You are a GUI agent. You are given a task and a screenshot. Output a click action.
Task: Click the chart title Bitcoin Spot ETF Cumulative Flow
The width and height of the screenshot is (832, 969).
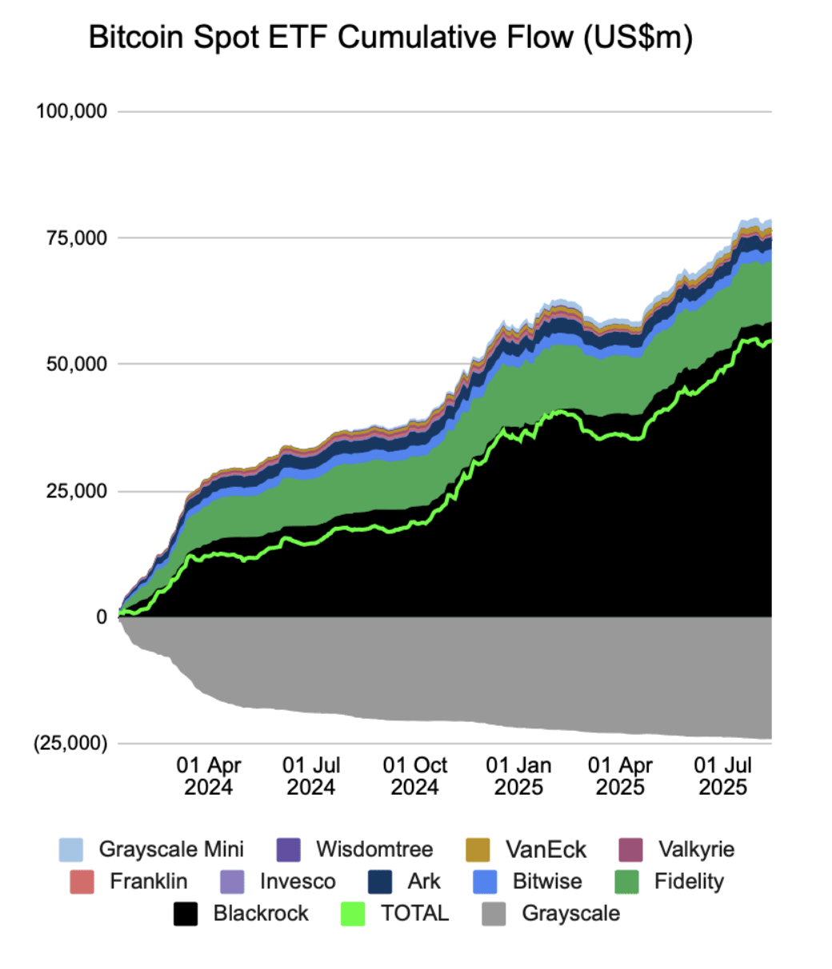[x=390, y=38]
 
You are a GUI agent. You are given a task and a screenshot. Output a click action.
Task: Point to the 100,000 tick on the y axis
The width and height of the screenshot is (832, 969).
[x=72, y=111]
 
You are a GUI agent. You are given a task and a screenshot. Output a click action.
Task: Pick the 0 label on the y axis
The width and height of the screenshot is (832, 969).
[x=102, y=617]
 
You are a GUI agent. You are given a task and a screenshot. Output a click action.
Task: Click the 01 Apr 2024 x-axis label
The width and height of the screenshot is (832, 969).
[x=208, y=776]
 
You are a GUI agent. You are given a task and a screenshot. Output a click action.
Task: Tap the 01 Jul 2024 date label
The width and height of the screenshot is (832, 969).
[x=311, y=776]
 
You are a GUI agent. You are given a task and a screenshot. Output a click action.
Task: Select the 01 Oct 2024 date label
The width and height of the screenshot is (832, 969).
[x=414, y=776]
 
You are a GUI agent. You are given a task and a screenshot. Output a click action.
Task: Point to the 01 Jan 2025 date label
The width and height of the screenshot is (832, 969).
[x=518, y=776]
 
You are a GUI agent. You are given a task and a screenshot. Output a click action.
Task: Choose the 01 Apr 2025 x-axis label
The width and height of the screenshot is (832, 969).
[x=620, y=776]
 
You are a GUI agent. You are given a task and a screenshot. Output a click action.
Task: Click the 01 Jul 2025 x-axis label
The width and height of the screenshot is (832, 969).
[x=723, y=776]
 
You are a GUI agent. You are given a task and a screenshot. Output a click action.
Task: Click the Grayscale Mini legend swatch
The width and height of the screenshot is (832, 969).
[x=71, y=850]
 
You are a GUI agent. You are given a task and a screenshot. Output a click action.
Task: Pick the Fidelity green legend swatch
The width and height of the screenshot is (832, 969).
[x=626, y=882]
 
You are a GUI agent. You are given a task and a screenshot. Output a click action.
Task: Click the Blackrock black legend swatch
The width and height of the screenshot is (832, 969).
[x=186, y=914]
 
